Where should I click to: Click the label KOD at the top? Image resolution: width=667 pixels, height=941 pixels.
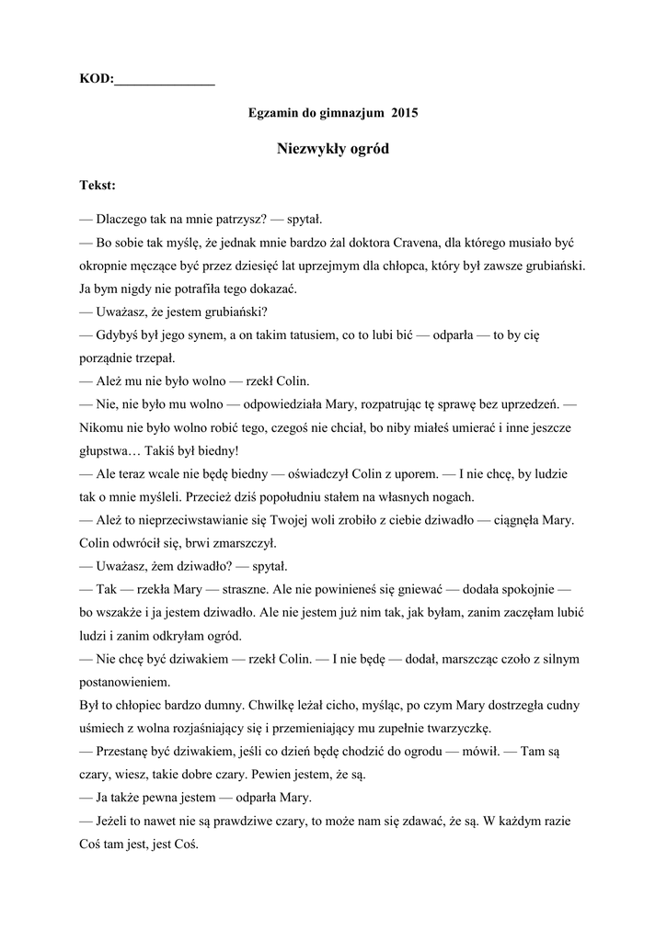point(95,80)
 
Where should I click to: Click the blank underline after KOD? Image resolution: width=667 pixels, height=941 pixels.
point(164,82)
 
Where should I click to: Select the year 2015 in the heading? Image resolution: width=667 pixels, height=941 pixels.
point(405,114)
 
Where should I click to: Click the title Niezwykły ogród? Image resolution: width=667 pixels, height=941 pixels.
point(333,149)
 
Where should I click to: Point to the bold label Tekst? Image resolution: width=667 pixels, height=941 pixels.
point(98,186)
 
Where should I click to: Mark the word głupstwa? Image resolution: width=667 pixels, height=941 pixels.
point(109,450)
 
